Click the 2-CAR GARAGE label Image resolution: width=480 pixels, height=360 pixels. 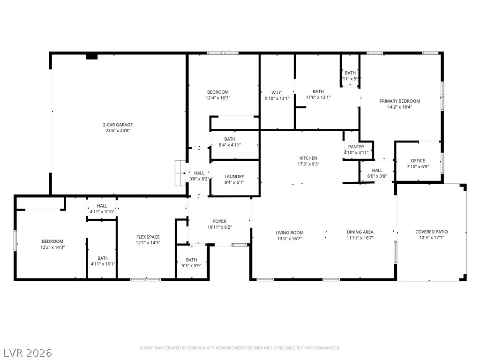pyautogui.click(x=118, y=125)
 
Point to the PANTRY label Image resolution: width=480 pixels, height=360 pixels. pyautogui.click(x=356, y=147)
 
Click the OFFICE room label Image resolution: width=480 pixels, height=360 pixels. pyautogui.click(x=418, y=161)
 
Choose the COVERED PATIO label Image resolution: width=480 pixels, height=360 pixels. pyautogui.click(x=431, y=232)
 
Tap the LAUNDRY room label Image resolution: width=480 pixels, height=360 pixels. pyautogui.click(x=234, y=177)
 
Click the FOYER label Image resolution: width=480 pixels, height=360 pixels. pyautogui.click(x=219, y=221)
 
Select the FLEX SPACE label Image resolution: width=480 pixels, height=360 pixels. pyautogui.click(x=148, y=237)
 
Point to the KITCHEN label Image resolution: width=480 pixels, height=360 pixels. pyautogui.click(x=308, y=158)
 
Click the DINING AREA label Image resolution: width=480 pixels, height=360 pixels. pyautogui.click(x=360, y=232)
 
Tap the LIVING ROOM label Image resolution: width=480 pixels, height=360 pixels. pyautogui.click(x=289, y=232)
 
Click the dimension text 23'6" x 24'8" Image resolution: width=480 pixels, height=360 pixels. pyautogui.click(x=118, y=131)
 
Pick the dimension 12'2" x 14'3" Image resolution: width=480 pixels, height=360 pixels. pyautogui.click(x=52, y=247)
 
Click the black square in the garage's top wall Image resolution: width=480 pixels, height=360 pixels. pyautogui.click(x=92, y=57)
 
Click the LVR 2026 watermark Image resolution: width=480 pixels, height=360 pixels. pyautogui.click(x=28, y=352)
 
